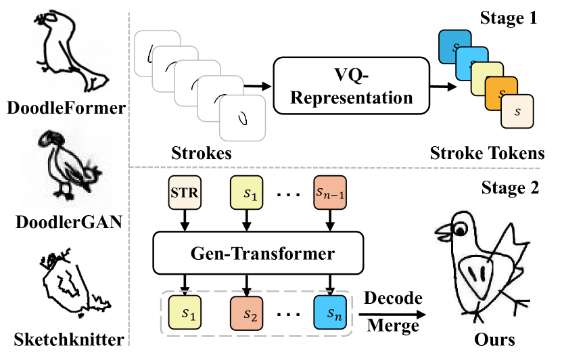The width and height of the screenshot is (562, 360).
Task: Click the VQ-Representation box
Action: coord(352,86)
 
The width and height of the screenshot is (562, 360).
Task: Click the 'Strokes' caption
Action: coord(202,154)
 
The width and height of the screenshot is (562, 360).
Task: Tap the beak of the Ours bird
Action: coord(441,236)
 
